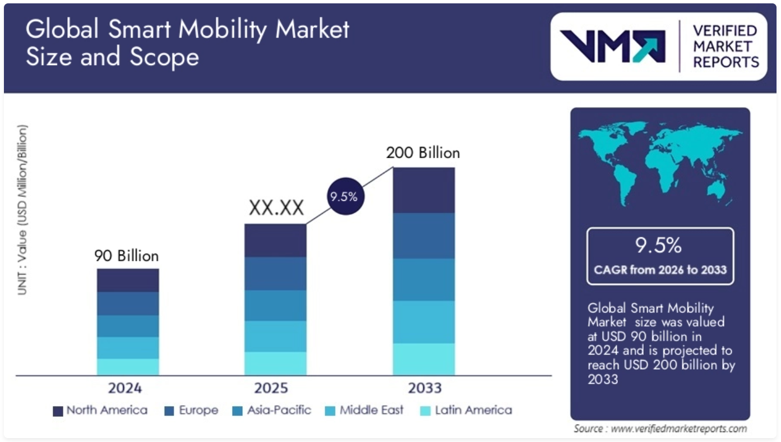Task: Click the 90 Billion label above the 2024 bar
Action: click(127, 256)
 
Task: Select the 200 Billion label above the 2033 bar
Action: click(423, 153)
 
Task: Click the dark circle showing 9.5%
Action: click(343, 197)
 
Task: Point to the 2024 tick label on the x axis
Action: click(125, 388)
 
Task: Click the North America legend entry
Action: click(100, 411)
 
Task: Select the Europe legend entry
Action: click(192, 411)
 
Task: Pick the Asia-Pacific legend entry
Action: click(272, 411)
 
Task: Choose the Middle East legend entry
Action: click(364, 411)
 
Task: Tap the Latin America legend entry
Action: click(466, 411)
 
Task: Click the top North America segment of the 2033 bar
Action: click(423, 190)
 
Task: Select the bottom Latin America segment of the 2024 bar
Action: click(128, 367)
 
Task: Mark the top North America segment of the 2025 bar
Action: click(275, 240)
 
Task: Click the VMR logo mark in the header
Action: click(612, 46)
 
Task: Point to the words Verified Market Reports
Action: click(725, 46)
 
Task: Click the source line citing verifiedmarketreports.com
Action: click(660, 429)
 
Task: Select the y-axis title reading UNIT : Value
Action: click(21, 210)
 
